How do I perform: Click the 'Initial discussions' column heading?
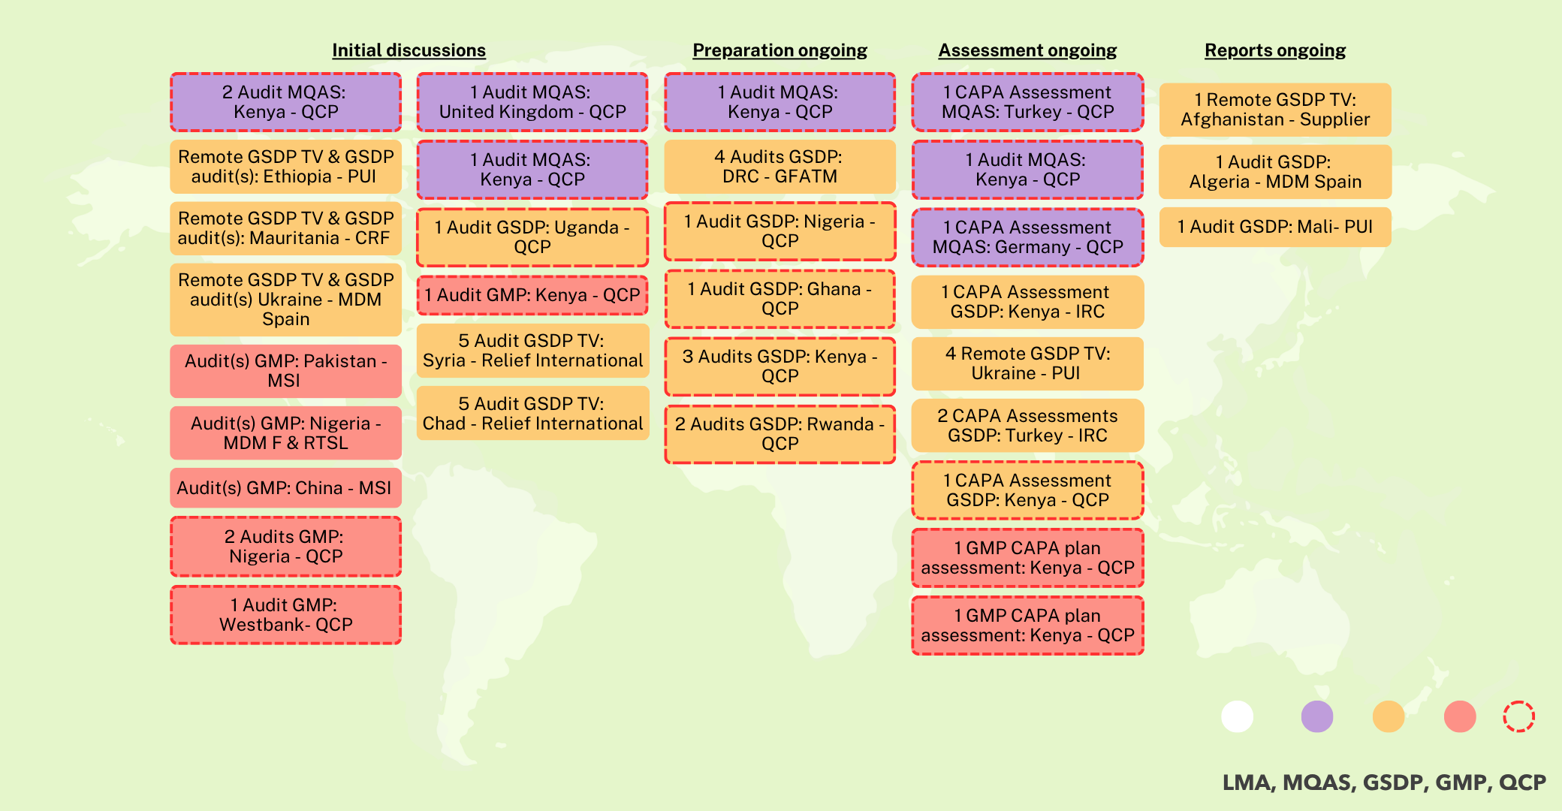point(409,50)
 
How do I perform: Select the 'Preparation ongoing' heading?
point(779,50)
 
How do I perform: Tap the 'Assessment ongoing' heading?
point(1027,50)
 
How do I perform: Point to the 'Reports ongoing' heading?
point(1275,50)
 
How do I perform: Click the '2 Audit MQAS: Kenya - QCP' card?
point(285,102)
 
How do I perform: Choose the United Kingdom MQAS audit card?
point(532,102)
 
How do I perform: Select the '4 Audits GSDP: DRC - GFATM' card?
point(779,167)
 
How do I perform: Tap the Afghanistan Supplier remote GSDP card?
point(1275,110)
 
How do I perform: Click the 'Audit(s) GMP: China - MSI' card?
point(285,488)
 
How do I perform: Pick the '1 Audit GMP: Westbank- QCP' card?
point(285,615)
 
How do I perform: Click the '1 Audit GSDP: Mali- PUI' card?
point(1275,227)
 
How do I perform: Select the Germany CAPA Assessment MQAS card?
point(1027,237)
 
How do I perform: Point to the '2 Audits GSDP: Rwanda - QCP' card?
point(779,434)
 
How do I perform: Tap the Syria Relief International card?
point(532,351)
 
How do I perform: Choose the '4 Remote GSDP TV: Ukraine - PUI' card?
point(1027,363)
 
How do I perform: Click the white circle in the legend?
point(1237,716)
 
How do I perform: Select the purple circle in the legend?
point(1316,716)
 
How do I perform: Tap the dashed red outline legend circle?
point(1518,716)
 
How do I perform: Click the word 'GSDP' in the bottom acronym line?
point(1392,782)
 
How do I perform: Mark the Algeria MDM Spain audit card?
point(1275,172)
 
